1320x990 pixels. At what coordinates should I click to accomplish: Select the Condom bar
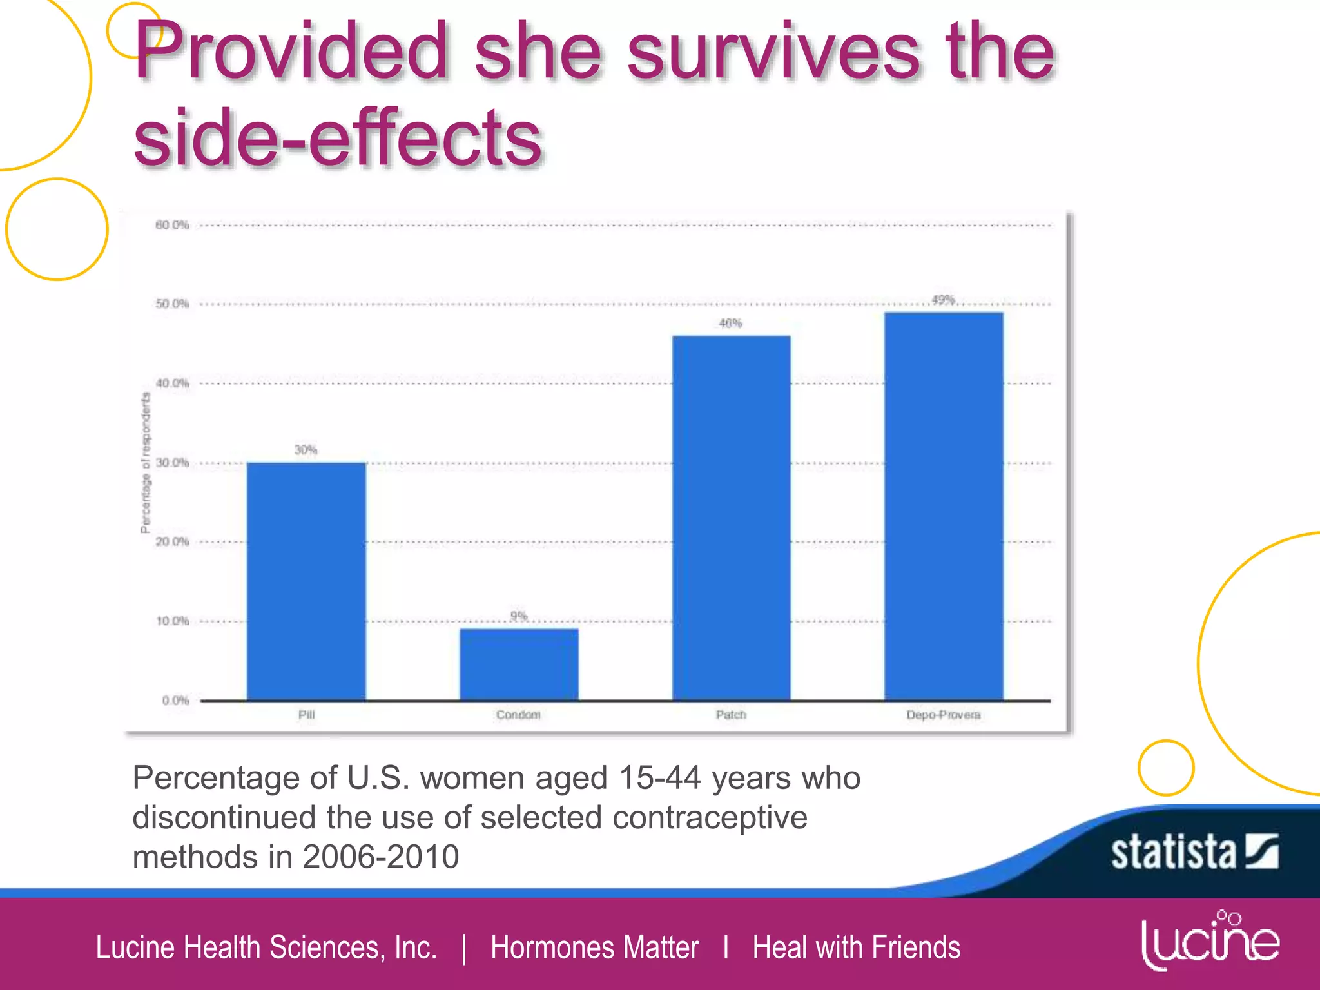519,665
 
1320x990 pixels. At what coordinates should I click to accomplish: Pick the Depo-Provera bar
944,507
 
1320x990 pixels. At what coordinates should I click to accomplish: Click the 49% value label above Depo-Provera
943,300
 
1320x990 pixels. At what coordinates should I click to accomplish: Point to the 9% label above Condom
519,616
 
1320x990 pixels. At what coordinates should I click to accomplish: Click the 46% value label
731,324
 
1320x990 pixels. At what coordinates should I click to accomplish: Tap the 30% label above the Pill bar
306,450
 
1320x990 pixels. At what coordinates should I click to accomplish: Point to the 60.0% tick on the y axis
172,225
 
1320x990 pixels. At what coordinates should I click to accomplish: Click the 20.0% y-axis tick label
172,541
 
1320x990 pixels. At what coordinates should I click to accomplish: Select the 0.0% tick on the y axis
175,701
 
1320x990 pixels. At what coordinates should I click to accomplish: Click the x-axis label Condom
518,715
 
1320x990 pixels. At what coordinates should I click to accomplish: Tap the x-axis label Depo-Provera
943,715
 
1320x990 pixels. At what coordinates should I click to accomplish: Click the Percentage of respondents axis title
146,463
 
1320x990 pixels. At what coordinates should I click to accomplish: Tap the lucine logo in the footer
1210,942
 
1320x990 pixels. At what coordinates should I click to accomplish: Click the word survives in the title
773,52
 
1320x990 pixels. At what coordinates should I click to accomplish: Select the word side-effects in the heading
338,137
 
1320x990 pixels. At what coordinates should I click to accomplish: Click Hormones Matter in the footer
594,947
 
